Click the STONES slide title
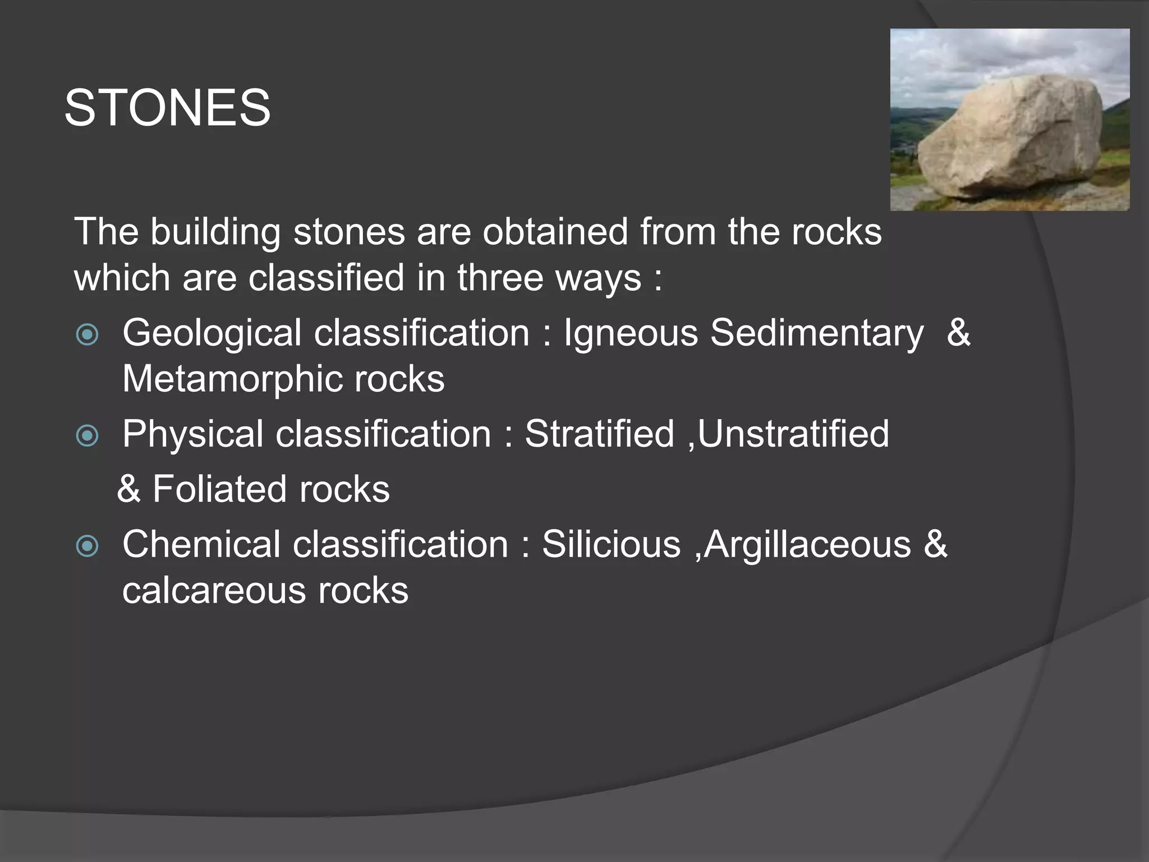tap(167, 108)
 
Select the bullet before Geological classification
tap(87, 335)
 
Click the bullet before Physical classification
tap(87, 435)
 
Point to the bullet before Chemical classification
tap(87, 546)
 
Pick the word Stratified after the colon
tap(599, 434)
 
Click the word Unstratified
tap(793, 434)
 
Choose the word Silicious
tap(611, 544)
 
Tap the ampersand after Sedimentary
tap(958, 332)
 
